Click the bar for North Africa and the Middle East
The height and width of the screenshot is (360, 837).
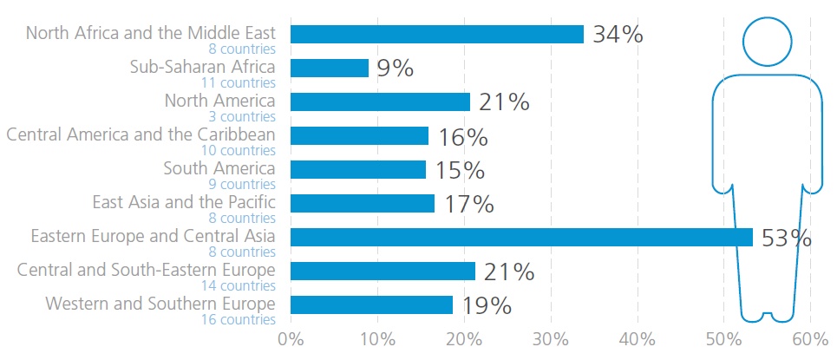[437, 34]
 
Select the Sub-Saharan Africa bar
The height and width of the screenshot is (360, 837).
[330, 68]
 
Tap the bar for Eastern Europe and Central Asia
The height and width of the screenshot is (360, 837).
[521, 237]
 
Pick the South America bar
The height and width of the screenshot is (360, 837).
[358, 169]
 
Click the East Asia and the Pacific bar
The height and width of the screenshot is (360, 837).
[363, 203]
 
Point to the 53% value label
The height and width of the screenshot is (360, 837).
[786, 238]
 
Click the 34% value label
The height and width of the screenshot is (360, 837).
[618, 35]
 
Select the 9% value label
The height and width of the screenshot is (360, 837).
[396, 69]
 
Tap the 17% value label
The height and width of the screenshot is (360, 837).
[468, 204]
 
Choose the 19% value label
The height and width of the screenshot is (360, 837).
[487, 305]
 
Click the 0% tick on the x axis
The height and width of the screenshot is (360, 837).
[291, 339]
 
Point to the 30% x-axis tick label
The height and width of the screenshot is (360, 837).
[551, 339]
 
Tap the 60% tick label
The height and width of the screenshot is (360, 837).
[811, 339]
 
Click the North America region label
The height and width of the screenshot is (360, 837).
[220, 100]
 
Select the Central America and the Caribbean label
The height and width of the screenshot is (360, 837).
[141, 134]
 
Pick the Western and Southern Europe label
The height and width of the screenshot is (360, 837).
[160, 304]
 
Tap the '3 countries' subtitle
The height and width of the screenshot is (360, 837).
[242, 116]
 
